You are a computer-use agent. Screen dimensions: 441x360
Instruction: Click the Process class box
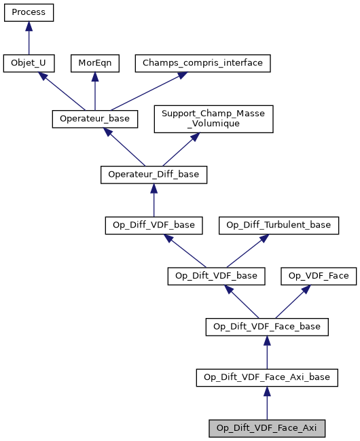tap(29, 13)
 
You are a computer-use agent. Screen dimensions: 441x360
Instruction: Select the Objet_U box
tap(29, 64)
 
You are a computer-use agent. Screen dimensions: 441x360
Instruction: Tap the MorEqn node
tap(94, 64)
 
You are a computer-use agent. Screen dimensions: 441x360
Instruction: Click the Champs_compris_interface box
tap(203, 64)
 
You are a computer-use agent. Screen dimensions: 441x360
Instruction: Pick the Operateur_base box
tap(94, 119)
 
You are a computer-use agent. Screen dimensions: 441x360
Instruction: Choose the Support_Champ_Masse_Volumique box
tap(213, 119)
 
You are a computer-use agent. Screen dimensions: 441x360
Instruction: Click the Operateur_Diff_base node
tap(154, 175)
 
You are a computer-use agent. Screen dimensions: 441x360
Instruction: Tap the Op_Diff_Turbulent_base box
tap(278, 225)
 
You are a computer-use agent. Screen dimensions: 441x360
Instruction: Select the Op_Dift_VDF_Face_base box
tap(267, 327)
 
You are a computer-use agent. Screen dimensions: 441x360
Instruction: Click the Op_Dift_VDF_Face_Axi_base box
tap(267, 378)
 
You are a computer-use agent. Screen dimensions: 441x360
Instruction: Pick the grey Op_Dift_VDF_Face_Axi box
tap(267, 429)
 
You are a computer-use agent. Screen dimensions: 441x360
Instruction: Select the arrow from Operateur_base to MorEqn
tap(94, 91)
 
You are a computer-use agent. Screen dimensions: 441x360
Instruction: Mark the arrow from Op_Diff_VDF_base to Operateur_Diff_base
tap(154, 200)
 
